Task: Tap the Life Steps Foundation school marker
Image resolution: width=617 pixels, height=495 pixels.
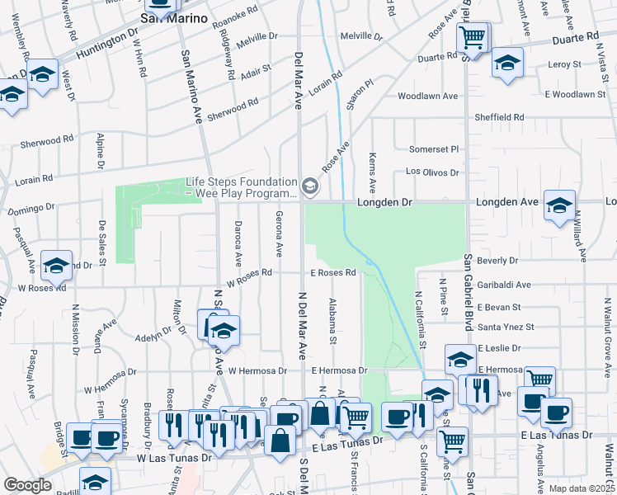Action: click(x=310, y=187)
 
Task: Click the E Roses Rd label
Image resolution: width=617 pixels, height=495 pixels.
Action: click(x=332, y=272)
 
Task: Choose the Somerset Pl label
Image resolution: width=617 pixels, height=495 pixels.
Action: click(x=433, y=149)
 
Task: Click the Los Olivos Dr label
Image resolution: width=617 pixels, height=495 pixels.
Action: click(x=432, y=172)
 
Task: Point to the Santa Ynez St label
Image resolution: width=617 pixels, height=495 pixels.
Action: click(x=507, y=328)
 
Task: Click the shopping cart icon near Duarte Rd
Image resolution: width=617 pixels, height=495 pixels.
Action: click(x=473, y=36)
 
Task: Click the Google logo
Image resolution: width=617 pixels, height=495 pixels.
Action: click(x=27, y=485)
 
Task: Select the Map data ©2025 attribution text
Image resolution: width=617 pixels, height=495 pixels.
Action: click(x=582, y=488)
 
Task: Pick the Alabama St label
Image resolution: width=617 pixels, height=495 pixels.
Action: click(x=333, y=322)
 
